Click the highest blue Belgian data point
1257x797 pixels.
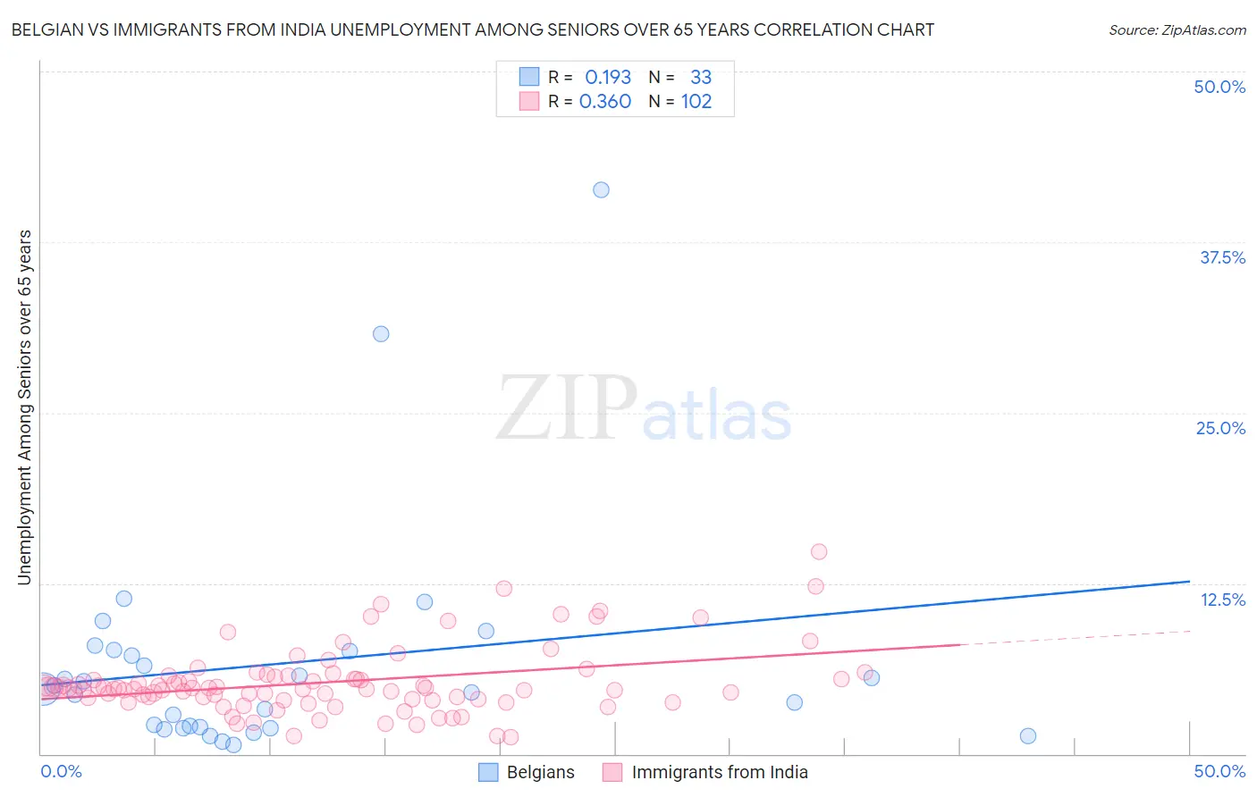601,189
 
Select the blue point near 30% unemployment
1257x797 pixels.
381,333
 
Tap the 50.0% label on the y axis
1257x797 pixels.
1219,87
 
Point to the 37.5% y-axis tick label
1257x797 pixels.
1222,257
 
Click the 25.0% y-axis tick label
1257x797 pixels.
1220,428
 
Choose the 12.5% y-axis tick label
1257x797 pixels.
1222,599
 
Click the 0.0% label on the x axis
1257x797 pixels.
61,771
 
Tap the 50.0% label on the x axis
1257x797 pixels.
1219,771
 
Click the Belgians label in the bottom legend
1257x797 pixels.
540,772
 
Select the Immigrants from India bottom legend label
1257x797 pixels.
719,772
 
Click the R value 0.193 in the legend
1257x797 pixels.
608,77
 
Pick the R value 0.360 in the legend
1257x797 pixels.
605,102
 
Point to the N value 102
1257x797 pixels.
696,102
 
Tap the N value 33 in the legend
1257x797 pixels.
701,77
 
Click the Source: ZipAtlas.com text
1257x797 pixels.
1177,29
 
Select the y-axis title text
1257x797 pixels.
24,407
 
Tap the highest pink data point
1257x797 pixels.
819,551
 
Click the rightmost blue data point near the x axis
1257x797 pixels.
1028,735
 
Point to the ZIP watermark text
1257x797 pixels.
567,409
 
